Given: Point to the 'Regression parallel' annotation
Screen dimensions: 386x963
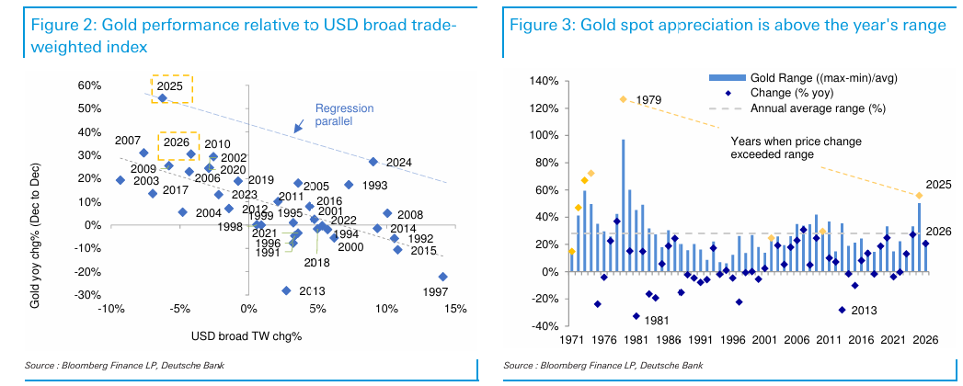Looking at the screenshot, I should coord(340,113).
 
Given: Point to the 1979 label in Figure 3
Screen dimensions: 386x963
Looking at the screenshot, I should coord(648,99).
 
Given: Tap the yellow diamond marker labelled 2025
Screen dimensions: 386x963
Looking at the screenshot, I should coord(919,195).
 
